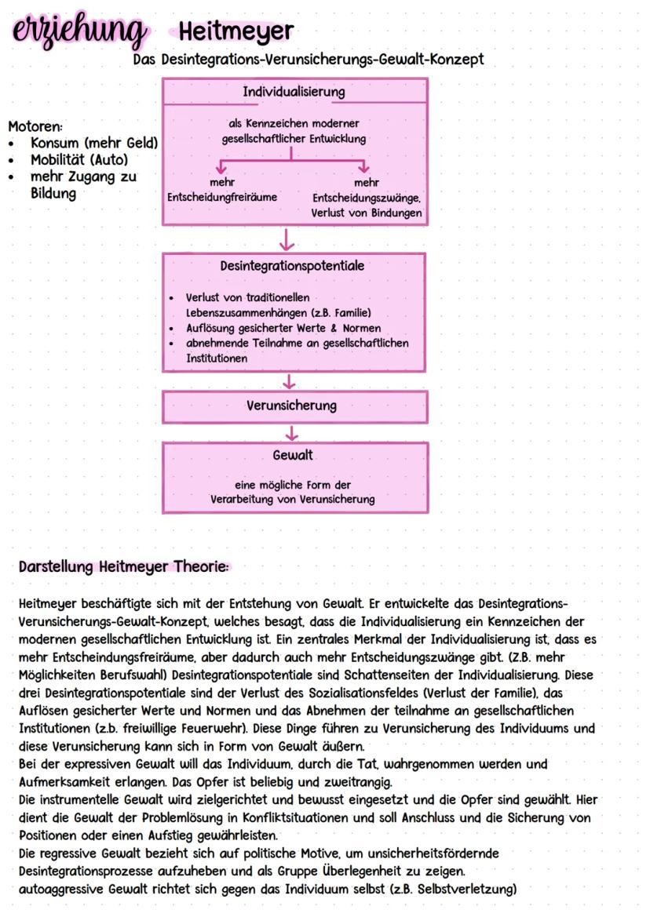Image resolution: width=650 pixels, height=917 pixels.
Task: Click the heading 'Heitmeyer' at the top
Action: point(236,32)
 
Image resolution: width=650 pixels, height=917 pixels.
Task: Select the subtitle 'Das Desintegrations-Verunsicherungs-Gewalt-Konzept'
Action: point(309,60)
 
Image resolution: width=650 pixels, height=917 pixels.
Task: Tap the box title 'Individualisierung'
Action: point(294,92)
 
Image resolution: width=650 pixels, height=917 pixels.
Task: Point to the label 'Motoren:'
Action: point(35,126)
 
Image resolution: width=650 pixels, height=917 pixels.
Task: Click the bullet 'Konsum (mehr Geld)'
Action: point(94,143)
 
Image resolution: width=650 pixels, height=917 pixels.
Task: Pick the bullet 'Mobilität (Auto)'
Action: point(79,160)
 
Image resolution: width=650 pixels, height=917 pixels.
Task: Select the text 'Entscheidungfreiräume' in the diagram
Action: point(222,197)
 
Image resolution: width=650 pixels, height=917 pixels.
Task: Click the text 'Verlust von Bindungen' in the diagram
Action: point(367,213)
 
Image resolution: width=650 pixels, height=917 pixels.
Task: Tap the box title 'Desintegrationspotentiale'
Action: point(292,266)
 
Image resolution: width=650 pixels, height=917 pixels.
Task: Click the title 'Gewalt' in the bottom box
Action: point(293,456)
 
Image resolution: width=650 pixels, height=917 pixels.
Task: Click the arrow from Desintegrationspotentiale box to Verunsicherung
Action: point(290,381)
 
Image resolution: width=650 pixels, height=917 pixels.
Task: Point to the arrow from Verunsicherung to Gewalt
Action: point(292,432)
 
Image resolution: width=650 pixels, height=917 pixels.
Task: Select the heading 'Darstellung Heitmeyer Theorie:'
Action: point(123,567)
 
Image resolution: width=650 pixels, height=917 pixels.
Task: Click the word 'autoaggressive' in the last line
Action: point(62,889)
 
